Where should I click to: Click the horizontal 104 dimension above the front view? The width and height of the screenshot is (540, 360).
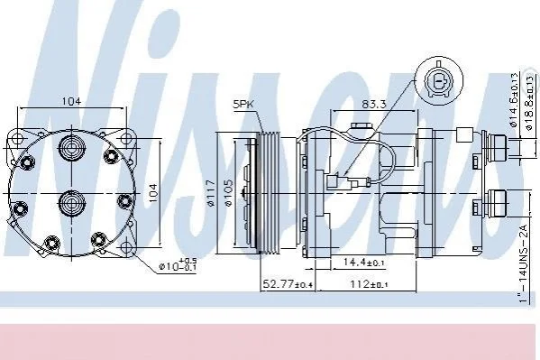click(71, 101)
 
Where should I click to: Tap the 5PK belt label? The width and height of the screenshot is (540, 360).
click(243, 104)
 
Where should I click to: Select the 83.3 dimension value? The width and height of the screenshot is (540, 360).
click(373, 104)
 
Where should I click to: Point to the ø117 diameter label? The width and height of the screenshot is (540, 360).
click(211, 194)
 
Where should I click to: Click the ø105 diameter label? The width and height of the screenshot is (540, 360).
click(229, 192)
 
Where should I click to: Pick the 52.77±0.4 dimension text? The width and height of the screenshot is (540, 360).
click(288, 284)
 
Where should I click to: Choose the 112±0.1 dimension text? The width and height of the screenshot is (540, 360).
click(369, 284)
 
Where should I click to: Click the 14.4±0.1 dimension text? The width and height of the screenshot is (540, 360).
click(363, 263)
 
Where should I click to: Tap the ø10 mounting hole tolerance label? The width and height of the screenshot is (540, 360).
click(178, 265)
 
